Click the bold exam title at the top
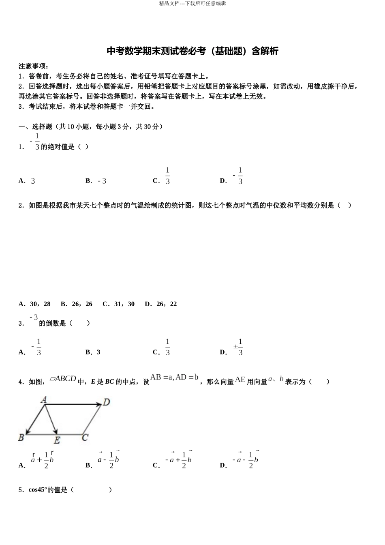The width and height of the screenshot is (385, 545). tap(192, 51)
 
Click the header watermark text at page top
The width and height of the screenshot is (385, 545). tap(192, 4)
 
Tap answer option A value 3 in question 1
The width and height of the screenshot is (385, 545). tap(33, 181)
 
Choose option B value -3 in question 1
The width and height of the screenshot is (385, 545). tap(102, 181)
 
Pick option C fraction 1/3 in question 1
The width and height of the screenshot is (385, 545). tap(168, 176)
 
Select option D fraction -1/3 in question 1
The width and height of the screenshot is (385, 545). tap(238, 176)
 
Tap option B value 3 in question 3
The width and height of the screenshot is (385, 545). tap(98, 352)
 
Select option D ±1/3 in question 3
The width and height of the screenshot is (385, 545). tap(238, 348)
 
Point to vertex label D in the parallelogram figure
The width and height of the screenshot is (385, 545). tap(106, 402)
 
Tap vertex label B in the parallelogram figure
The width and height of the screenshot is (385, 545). tap(21, 438)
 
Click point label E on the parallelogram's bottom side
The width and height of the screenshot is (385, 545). tap(57, 440)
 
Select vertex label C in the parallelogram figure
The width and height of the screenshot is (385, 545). tap(85, 438)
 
